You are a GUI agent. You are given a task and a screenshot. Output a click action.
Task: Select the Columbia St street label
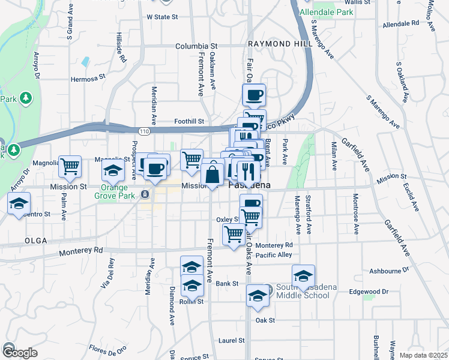tap(196, 46)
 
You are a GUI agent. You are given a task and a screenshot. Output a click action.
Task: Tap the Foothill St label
tap(189, 121)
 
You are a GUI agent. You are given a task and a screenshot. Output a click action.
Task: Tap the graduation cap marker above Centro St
tap(19, 202)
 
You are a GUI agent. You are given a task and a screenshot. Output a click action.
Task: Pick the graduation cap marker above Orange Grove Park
tap(112, 171)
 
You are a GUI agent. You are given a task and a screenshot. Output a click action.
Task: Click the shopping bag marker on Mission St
tap(212, 176)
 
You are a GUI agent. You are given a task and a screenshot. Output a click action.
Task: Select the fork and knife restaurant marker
tap(248, 172)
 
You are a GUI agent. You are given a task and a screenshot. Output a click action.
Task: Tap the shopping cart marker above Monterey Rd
tap(234, 234)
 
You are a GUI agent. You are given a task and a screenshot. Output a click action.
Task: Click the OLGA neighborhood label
tap(35, 240)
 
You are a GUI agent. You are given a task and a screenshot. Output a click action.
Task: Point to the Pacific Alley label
tap(273, 255)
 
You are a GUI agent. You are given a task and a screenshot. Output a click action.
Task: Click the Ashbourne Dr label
tap(389, 271)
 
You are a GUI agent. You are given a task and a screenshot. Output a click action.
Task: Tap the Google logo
tap(19, 352)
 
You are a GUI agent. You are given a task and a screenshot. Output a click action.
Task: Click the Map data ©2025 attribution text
tap(423, 355)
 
